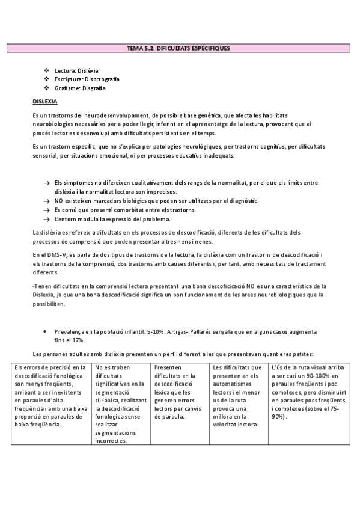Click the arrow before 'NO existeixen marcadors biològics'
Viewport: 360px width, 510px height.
pyautogui.click(x=46, y=200)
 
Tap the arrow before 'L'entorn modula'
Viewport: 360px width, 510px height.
pyautogui.click(x=46, y=219)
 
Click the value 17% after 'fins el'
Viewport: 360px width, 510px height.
pyautogui.click(x=76, y=340)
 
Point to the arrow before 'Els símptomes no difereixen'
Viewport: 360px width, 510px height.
pyautogui.click(x=46, y=182)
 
